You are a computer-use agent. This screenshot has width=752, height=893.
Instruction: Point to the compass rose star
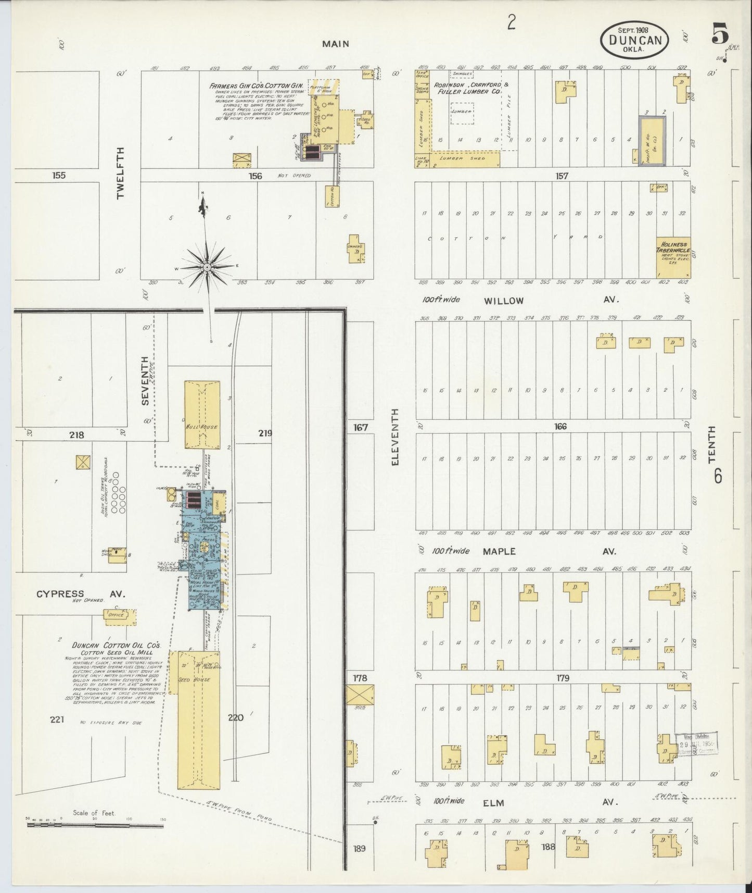coord(207,267)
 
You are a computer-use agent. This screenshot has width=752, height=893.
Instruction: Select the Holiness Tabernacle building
coord(673,255)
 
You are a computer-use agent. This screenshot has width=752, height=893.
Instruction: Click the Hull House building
coord(202,415)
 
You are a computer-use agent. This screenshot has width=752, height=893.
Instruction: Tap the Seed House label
coord(199,679)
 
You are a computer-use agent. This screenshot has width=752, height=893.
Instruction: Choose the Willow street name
coord(503,301)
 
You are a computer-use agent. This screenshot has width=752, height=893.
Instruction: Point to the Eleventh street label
coord(395,437)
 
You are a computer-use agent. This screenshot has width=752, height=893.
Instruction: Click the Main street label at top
coord(335,44)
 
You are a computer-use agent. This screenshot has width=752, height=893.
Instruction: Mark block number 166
coord(560,427)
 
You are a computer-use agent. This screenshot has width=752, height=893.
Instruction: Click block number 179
coord(563,678)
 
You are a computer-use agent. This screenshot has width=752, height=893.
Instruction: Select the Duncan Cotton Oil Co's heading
coord(117,646)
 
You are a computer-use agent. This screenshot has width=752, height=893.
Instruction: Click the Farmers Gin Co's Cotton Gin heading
coord(256,85)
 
